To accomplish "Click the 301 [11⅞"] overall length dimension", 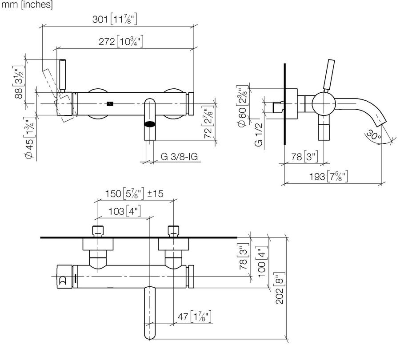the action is click(115, 20).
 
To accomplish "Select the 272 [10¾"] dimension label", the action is click(121, 41).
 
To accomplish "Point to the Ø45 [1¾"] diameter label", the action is click(29, 138).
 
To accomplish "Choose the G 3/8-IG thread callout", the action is click(180, 156).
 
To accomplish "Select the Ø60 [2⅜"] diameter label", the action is click(242, 106).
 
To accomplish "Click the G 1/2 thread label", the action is click(258, 135).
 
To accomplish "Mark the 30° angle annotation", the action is click(374, 135).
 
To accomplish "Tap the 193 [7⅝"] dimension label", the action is click(328, 176).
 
